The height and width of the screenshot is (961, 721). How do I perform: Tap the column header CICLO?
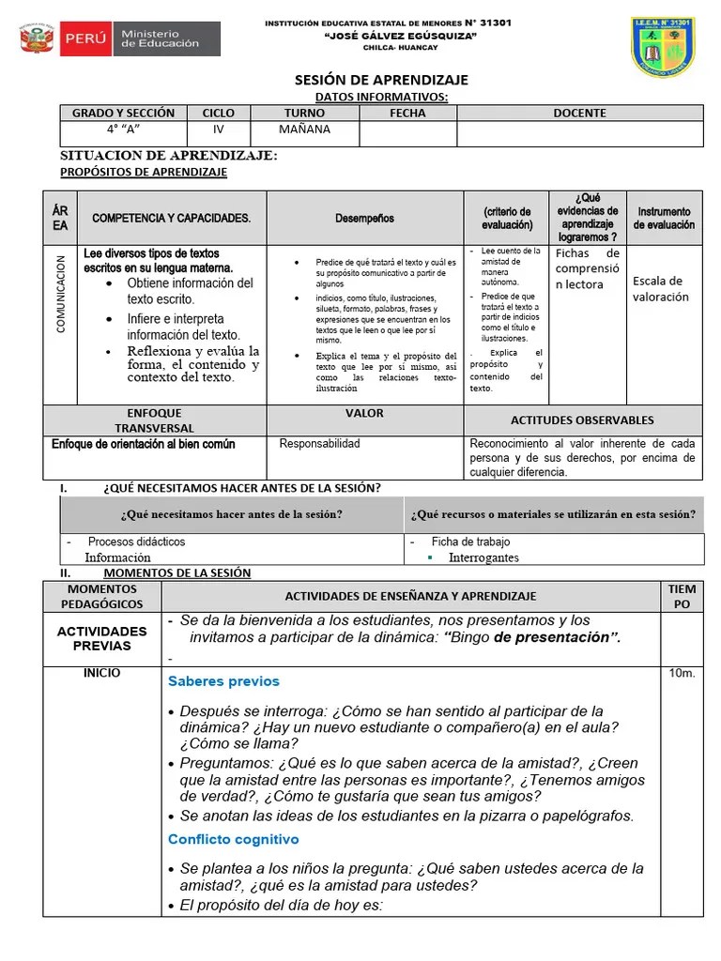(x=218, y=113)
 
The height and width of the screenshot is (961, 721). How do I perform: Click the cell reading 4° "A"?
(x=123, y=130)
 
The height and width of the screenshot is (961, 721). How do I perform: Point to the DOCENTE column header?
(x=579, y=113)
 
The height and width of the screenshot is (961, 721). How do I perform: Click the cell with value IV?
(x=218, y=130)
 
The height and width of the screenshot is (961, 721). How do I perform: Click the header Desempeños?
(x=364, y=219)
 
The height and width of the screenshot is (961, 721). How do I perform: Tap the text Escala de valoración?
(x=660, y=289)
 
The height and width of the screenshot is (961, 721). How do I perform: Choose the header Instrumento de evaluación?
(x=664, y=219)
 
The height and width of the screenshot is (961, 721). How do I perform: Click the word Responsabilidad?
(x=319, y=444)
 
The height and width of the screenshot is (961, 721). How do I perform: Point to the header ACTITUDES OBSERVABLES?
(x=582, y=420)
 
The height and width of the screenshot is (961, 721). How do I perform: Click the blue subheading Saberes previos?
(x=223, y=681)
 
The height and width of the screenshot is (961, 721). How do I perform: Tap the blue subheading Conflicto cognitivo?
(x=233, y=839)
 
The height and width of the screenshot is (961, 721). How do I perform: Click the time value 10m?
(x=682, y=674)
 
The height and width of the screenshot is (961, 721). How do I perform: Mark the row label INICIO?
(x=102, y=674)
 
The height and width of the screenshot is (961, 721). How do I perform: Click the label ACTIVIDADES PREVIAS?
(x=102, y=639)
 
